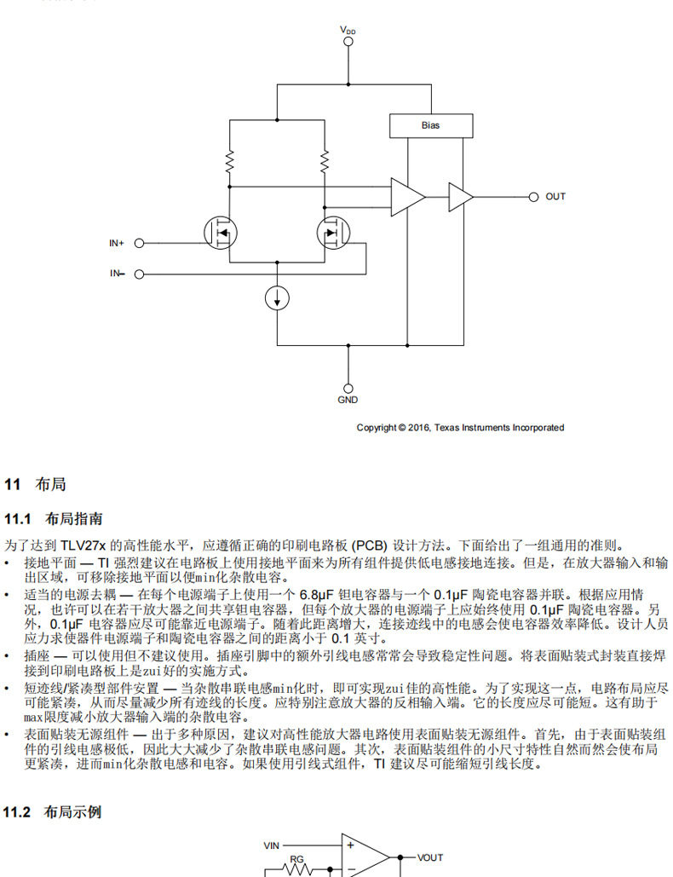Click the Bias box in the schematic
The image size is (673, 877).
pos(431,126)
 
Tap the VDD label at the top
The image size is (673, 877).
pos(348,30)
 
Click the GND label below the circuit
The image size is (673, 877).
pos(348,400)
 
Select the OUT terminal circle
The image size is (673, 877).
pos(533,197)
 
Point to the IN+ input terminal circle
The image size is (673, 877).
pos(139,243)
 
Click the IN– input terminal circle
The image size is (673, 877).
pos(139,274)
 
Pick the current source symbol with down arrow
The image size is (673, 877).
pos(277,298)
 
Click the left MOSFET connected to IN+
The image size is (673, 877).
pos(221,233)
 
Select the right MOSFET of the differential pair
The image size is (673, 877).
pos(333,233)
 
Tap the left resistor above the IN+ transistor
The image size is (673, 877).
pos(229,161)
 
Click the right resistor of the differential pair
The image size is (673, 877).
pos(325,161)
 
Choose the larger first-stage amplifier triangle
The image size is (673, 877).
pos(407,197)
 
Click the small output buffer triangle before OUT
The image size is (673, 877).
pos(461,197)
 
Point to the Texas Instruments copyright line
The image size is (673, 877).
pos(461,428)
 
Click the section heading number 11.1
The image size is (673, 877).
pos(17,519)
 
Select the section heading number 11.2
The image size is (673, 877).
pos(17,812)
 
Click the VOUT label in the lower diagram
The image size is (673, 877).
pos(430,857)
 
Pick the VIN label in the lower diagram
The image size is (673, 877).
pos(272,845)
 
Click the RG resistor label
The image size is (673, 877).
pos(296,859)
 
